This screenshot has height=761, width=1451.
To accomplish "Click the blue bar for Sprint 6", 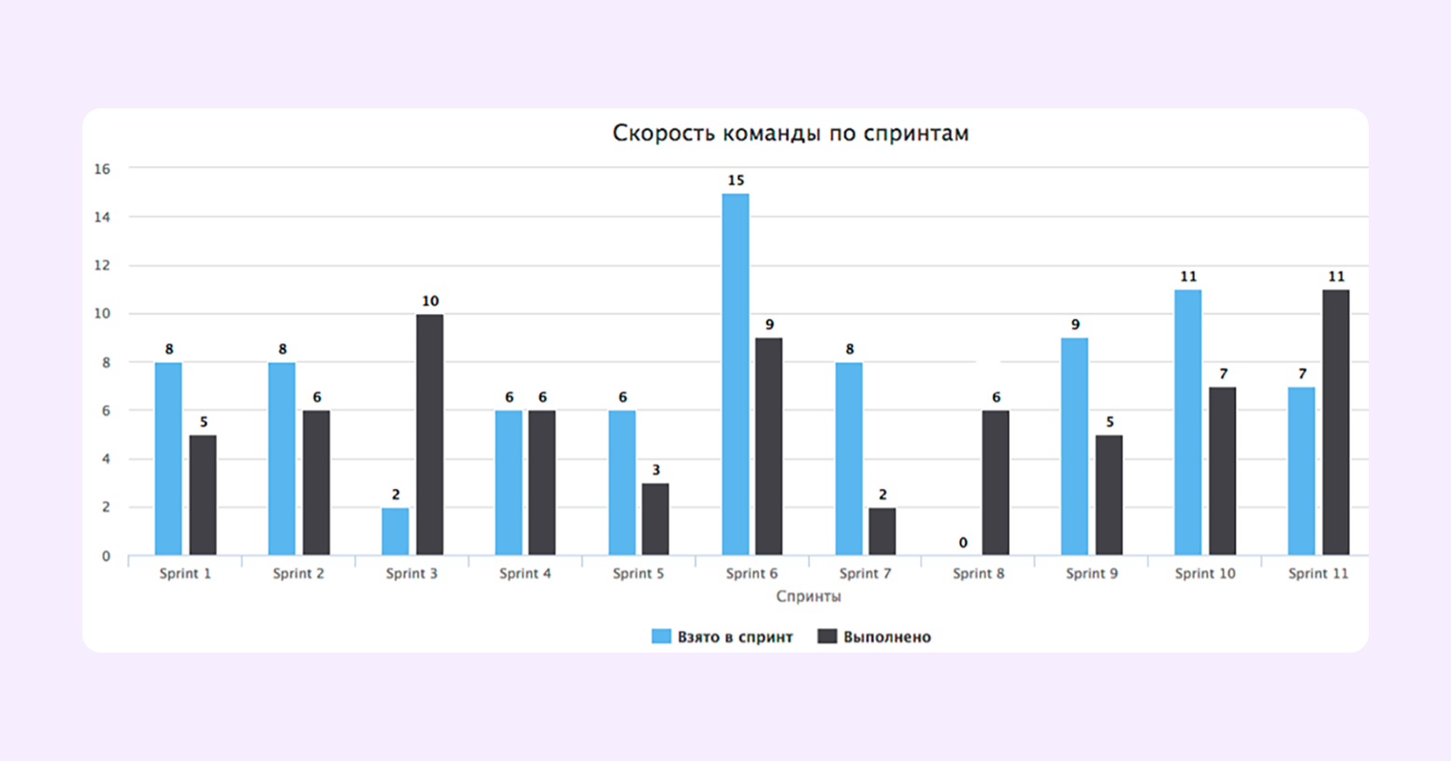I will click(x=736, y=374).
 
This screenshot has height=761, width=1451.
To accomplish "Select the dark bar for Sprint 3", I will click(x=430, y=435).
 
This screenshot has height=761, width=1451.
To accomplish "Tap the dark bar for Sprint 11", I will click(x=1336, y=423).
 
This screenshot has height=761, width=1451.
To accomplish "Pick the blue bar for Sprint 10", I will click(x=1188, y=423).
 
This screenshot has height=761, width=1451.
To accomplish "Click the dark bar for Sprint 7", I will click(x=883, y=531).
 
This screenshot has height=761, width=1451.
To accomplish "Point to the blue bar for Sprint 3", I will click(x=395, y=531).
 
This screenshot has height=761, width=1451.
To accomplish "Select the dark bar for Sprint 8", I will click(x=996, y=482).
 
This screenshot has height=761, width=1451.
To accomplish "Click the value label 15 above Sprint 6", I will click(x=736, y=180).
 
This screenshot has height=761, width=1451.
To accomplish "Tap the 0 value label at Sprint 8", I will click(x=963, y=543).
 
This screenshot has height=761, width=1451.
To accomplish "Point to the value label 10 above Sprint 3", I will click(x=430, y=301).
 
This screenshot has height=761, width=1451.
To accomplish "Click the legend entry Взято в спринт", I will click(x=722, y=637).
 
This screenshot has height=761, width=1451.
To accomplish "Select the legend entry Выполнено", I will click(x=874, y=637).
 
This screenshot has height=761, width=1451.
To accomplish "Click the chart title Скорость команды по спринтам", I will click(x=790, y=134).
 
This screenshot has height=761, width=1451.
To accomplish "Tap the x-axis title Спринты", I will click(x=808, y=596).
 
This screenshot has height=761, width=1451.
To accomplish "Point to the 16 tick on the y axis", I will click(x=102, y=169).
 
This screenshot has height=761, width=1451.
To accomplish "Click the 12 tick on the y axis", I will click(x=102, y=266).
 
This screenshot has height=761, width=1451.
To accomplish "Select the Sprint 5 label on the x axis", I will click(x=639, y=573).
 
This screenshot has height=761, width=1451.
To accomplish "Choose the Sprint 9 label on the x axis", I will click(x=1092, y=573).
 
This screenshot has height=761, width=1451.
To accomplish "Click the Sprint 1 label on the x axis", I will click(x=185, y=573).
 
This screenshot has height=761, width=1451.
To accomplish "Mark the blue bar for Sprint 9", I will click(x=1075, y=446).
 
